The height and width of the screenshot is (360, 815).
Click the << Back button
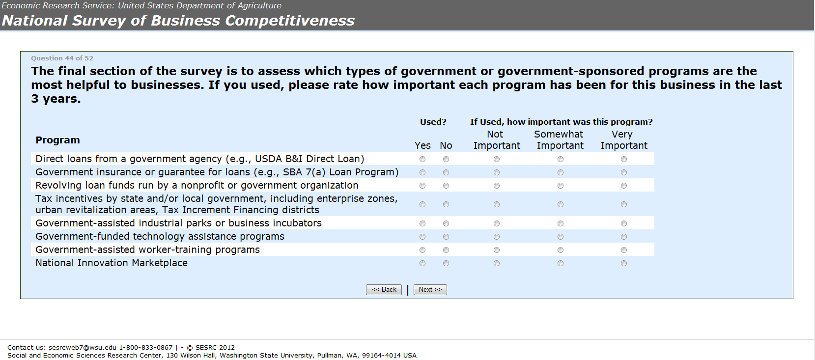click(x=384, y=290)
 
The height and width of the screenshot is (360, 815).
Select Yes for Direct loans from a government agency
click(x=422, y=159)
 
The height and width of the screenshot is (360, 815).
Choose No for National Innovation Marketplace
click(x=446, y=263)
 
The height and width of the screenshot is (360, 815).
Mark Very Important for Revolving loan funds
click(x=624, y=186)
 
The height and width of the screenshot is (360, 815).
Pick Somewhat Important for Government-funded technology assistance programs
click(x=561, y=237)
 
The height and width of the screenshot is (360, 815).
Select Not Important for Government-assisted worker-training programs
click(x=497, y=250)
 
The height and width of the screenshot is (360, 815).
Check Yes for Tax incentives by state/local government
click(x=422, y=204)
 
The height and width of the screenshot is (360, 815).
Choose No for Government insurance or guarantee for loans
click(x=446, y=172)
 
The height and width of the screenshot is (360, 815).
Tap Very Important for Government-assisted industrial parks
click(x=624, y=223)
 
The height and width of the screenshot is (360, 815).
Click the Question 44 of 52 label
click(x=62, y=58)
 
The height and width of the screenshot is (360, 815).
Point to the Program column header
click(x=57, y=140)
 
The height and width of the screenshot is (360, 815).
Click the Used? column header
click(x=433, y=122)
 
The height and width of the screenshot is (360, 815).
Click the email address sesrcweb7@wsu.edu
click(x=83, y=347)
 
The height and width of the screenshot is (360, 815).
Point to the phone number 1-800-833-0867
click(x=146, y=347)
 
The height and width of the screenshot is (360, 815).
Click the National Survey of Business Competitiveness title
click(x=178, y=21)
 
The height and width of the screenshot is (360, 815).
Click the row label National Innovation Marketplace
click(x=112, y=263)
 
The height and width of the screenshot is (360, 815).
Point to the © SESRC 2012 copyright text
click(x=211, y=347)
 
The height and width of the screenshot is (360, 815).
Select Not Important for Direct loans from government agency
click(x=497, y=159)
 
